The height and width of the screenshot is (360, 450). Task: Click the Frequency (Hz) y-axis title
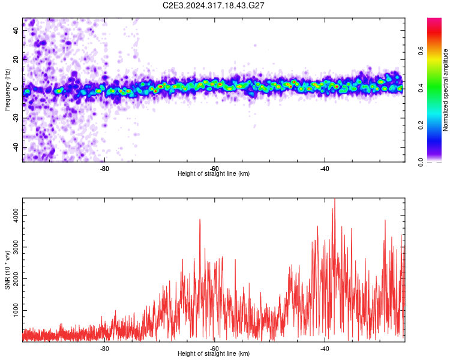click(7, 90)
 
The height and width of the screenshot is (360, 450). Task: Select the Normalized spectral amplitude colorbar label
click(445, 90)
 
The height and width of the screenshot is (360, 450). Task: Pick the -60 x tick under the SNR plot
click(214, 347)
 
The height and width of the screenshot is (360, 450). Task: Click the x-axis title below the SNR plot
click(214, 354)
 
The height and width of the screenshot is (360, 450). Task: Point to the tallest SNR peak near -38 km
click(335, 200)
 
